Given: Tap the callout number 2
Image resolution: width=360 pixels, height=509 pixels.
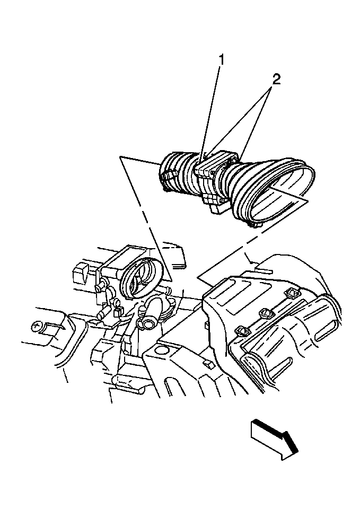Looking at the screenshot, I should point(275,80).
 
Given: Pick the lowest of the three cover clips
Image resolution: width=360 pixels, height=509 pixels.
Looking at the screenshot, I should point(243,331).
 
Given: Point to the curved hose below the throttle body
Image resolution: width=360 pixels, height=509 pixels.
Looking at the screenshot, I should point(151,313).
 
